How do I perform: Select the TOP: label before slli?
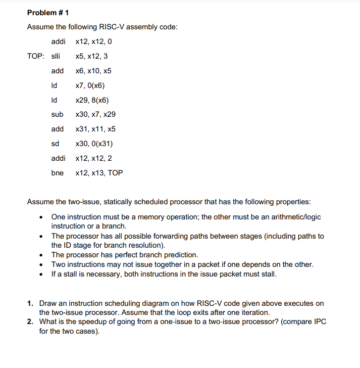pos(36,56)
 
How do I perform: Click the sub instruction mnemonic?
pos(57,114)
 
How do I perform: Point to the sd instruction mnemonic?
pos(55,144)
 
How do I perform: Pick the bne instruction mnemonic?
pos(57,173)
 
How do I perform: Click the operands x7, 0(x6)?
pos(90,85)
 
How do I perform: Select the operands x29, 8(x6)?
pos(91,100)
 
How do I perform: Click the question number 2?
pos(30,322)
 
